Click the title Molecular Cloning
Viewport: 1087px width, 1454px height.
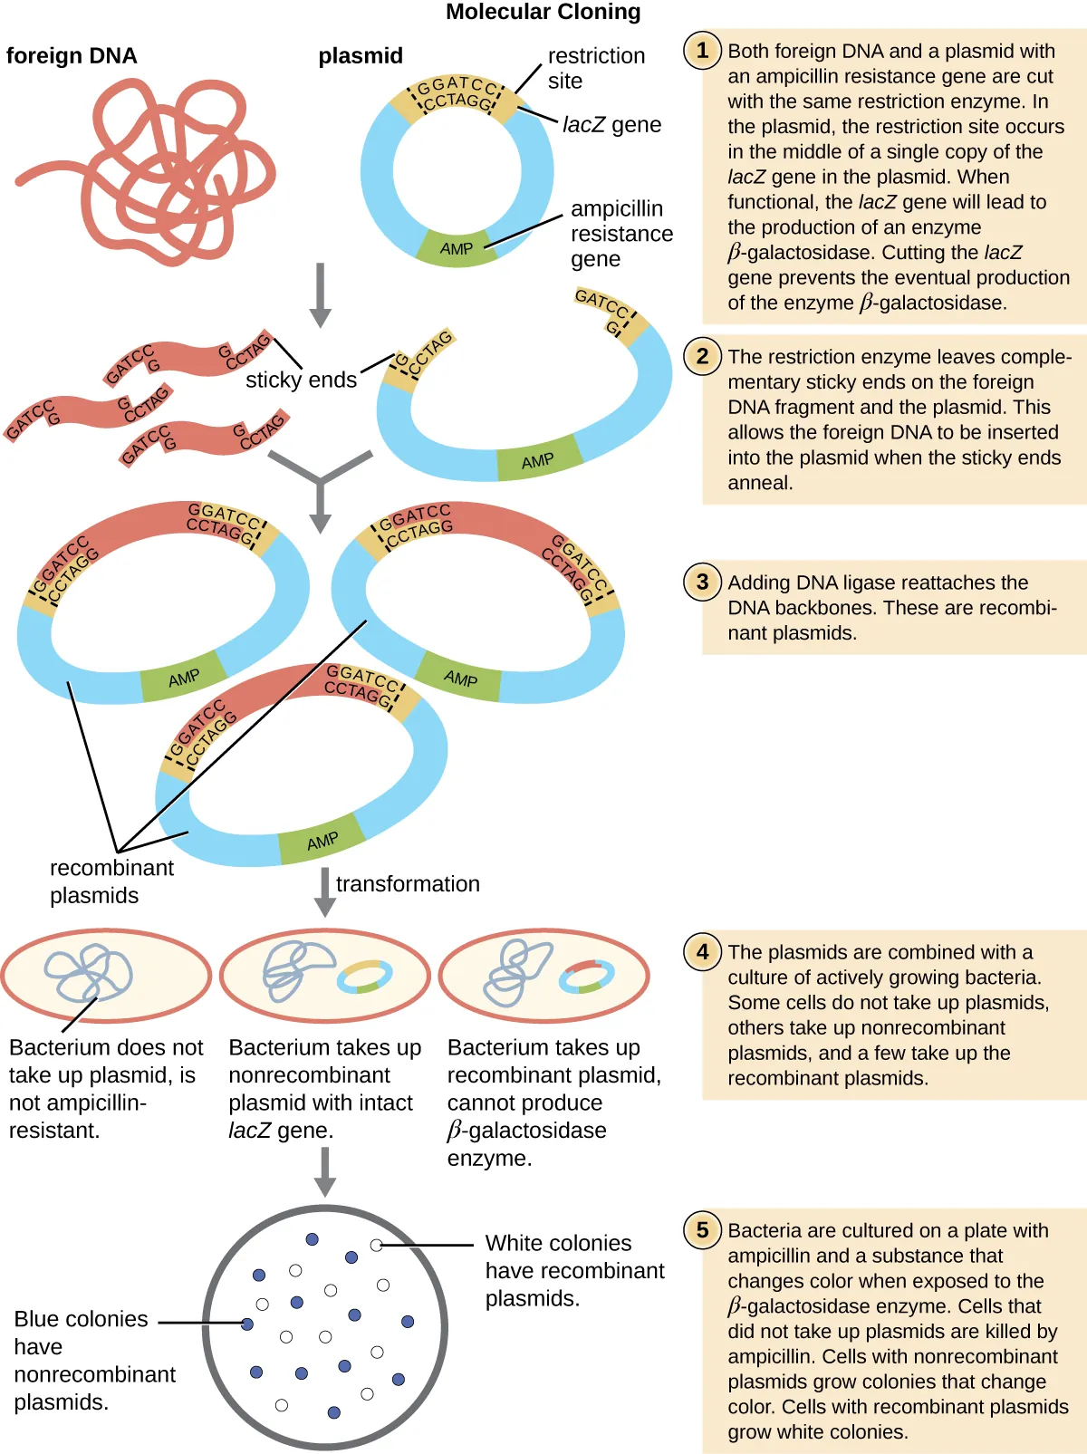point(543,12)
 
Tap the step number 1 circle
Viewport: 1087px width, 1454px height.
point(702,50)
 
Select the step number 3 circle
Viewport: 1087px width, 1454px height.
point(702,582)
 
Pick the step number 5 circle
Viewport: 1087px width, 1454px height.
point(702,1229)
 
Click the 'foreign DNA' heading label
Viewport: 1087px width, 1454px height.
point(72,56)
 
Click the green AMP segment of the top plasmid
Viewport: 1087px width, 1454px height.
point(457,247)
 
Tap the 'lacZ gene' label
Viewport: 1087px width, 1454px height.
point(611,125)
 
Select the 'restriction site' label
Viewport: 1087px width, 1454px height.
point(595,68)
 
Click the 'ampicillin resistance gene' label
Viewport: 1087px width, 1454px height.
point(620,234)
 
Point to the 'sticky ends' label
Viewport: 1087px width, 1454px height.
point(301,380)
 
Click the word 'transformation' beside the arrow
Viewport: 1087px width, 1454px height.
point(408,884)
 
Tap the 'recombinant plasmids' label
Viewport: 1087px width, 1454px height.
point(111,881)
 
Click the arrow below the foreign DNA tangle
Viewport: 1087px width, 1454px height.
point(320,295)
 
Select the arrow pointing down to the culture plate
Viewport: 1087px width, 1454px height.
point(325,1171)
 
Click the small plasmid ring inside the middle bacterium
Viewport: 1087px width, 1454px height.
point(365,977)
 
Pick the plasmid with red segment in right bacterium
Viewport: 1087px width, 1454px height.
point(586,977)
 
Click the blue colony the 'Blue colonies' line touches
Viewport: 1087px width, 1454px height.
point(247,1324)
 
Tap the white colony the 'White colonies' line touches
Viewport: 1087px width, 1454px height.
point(376,1246)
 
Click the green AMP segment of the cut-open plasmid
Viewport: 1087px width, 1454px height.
point(538,460)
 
